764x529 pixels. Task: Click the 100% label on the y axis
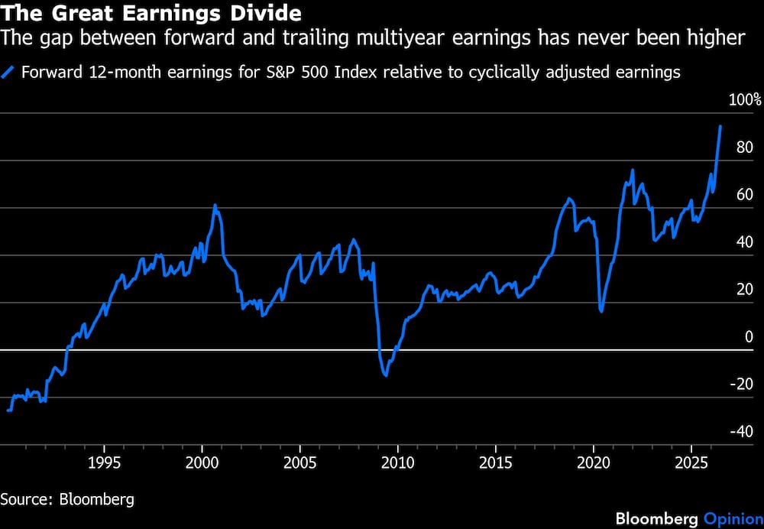click(744, 100)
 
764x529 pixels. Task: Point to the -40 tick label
click(741, 431)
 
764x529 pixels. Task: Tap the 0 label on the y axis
click(749, 336)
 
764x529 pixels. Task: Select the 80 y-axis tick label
click(745, 148)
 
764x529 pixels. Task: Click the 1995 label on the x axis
click(104, 462)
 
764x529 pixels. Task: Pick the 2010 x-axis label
click(397, 462)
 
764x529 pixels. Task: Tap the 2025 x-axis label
click(691, 462)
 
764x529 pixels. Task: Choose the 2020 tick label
click(594, 462)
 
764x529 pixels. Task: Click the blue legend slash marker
click(8, 72)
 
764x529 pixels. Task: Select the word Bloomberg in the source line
click(96, 499)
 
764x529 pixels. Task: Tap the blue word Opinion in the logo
click(733, 519)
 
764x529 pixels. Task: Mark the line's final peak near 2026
click(720, 126)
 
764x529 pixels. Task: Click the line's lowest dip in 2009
click(386, 375)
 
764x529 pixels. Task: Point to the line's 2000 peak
click(215, 206)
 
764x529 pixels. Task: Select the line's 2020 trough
click(602, 312)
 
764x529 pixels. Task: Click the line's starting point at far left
click(8, 411)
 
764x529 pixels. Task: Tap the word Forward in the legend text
click(52, 72)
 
